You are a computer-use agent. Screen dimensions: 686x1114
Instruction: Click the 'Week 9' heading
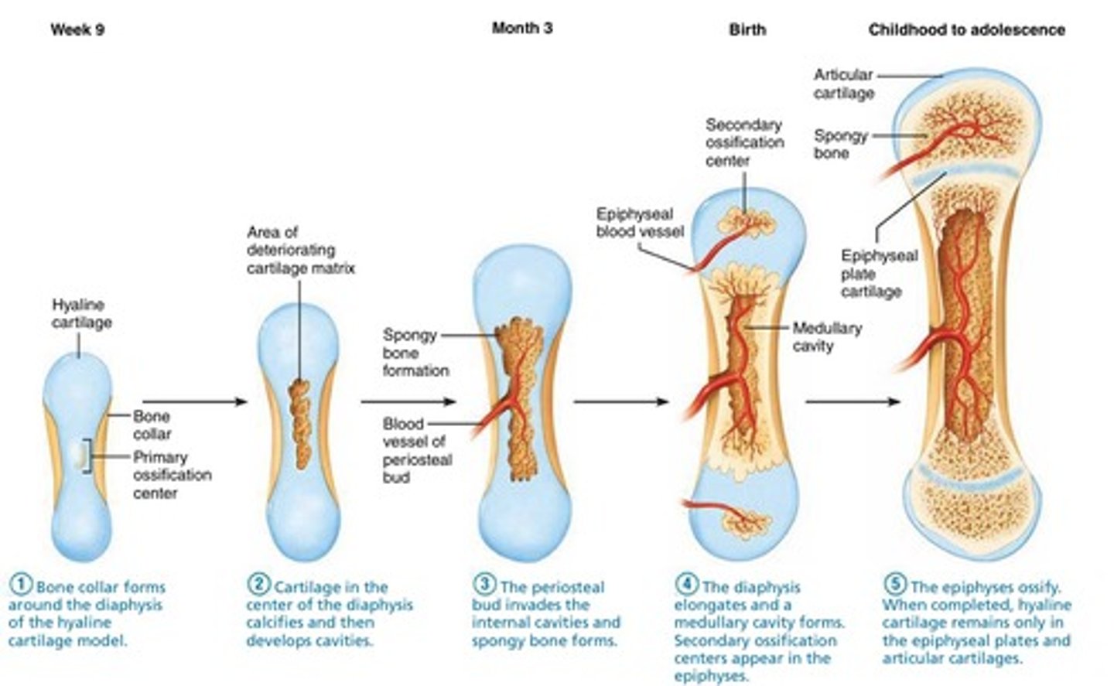tap(77, 30)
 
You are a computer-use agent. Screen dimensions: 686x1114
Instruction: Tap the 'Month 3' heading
tap(522, 29)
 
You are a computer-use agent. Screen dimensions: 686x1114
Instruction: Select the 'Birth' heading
tap(747, 30)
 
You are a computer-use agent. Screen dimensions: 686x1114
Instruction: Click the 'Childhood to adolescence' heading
tap(966, 30)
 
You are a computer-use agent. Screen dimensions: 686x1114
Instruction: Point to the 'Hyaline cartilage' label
tap(81, 313)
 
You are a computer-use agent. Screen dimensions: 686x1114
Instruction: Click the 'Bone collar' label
tap(152, 425)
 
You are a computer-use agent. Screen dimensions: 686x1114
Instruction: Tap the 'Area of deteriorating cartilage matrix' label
tap(300, 250)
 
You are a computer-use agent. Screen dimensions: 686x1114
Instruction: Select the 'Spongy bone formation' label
tap(415, 353)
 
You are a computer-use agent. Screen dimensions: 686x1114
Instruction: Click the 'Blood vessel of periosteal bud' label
tap(417, 450)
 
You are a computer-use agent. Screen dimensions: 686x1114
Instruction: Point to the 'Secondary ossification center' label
tap(744, 142)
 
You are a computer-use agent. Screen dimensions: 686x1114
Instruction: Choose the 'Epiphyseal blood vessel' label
tap(639, 222)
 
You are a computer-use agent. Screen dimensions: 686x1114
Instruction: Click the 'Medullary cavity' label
tap(826, 336)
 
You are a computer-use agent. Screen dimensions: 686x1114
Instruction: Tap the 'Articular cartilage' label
tap(843, 84)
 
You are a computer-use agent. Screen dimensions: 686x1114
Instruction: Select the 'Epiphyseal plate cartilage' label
tap(879, 273)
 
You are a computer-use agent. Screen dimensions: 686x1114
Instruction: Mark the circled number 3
tap(485, 585)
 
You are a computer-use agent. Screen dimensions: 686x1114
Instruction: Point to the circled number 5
tap(895, 585)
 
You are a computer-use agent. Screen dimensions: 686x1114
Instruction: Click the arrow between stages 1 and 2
tap(195, 401)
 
